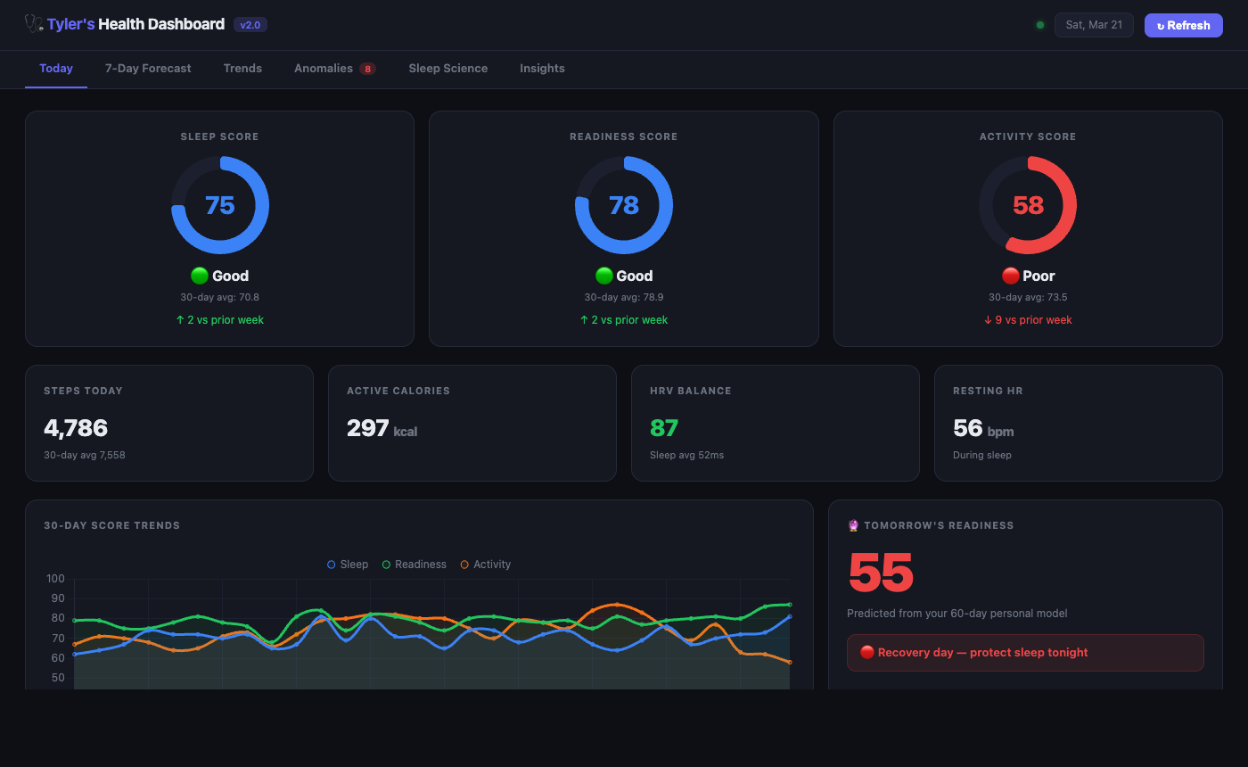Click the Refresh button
1183,25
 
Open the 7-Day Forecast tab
148,69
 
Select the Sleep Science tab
447,69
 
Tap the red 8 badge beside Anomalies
367,69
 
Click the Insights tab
542,69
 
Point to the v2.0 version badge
250,25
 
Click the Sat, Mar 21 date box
1094,25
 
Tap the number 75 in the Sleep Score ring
220,206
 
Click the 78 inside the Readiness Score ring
624,206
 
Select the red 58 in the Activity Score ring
1028,206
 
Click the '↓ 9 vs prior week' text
1028,320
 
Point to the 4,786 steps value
76,428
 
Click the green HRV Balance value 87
664,428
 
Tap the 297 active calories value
368,428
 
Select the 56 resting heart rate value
968,428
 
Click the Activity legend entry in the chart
486,565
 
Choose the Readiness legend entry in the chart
415,565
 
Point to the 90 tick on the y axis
56,598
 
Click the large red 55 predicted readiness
881,573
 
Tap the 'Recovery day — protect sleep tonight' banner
1025,653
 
